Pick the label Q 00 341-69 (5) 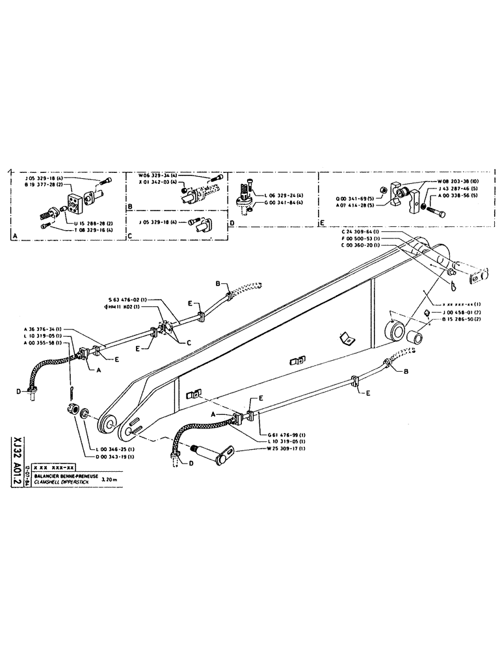click(356, 199)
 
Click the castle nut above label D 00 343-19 click(73, 411)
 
